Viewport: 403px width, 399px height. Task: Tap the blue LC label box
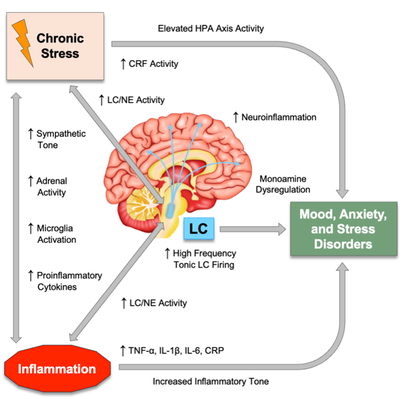coord(200,229)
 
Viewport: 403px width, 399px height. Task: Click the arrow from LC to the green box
coord(254,229)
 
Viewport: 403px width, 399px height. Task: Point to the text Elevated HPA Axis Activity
coord(211,28)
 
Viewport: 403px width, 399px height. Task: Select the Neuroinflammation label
coord(274,116)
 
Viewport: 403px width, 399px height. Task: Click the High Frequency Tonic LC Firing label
coord(200,259)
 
